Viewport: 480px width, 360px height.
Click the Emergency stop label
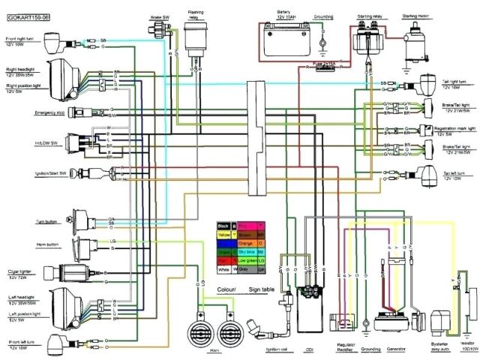tap(25, 112)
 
